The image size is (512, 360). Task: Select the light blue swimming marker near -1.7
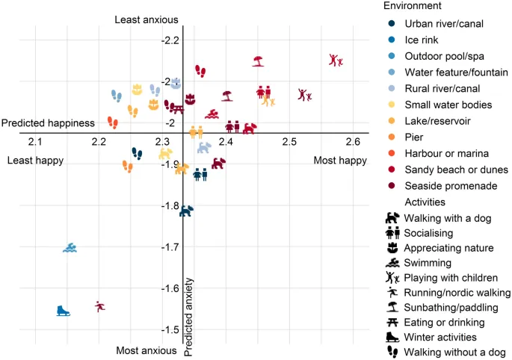coord(70,248)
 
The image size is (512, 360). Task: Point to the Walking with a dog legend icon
coord(392,218)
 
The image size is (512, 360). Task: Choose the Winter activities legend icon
coord(392,338)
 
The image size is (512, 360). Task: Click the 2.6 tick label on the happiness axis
coord(352,142)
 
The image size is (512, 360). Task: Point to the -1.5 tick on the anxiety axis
coord(173,330)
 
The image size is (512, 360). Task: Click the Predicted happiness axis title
coord(48,123)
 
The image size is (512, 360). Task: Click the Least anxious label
coord(146,19)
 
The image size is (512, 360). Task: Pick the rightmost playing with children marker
coord(336,60)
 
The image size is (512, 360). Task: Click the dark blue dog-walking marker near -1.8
coord(186,211)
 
